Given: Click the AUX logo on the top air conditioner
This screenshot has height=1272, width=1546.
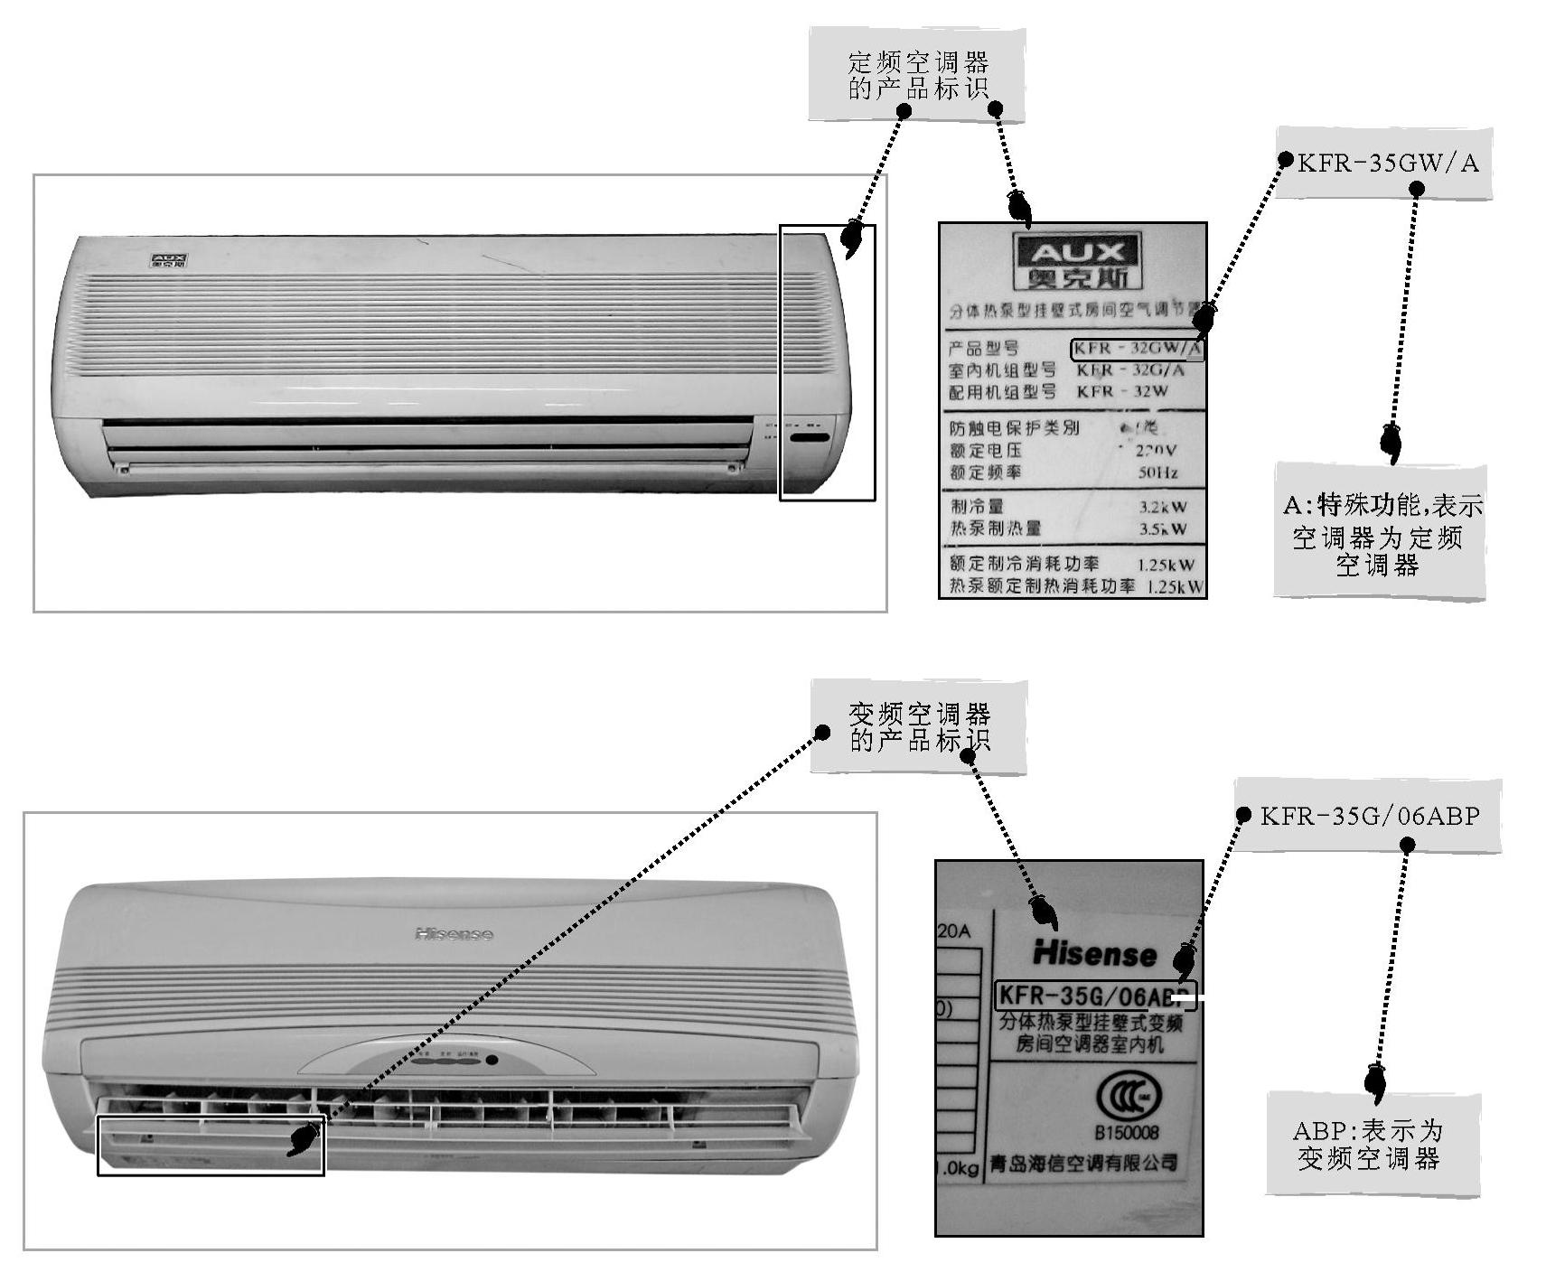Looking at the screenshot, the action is click(x=169, y=262).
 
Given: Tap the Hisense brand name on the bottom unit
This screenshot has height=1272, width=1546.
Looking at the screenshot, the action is click(x=454, y=933).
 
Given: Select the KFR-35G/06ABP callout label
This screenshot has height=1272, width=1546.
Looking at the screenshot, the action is click(x=1370, y=817).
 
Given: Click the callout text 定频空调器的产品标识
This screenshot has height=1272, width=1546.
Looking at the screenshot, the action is click(x=917, y=75).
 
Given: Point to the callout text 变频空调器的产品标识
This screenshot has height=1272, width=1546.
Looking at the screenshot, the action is click(x=919, y=727).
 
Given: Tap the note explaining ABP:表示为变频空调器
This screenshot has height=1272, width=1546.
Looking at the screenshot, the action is click(x=1368, y=1145).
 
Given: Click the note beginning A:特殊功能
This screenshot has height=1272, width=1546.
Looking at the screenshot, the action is click(x=1381, y=534).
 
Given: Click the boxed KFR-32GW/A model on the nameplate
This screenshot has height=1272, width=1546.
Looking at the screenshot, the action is click(x=1138, y=349).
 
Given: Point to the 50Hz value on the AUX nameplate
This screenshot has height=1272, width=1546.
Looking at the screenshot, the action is click(x=1157, y=472).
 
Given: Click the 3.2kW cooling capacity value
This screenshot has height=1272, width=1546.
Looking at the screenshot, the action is click(x=1163, y=507).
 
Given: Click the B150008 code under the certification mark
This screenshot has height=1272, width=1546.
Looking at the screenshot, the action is click(x=1127, y=1133).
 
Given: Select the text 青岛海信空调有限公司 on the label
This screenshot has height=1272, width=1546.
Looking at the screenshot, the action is click(x=1084, y=1163).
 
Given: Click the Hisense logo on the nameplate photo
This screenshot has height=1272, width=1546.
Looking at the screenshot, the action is click(x=1094, y=953).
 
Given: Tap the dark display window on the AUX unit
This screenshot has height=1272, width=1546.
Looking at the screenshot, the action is click(x=810, y=438).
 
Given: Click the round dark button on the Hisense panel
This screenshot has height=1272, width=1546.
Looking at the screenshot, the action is click(x=492, y=1060).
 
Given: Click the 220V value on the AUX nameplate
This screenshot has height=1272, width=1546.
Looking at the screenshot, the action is click(x=1156, y=450).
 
